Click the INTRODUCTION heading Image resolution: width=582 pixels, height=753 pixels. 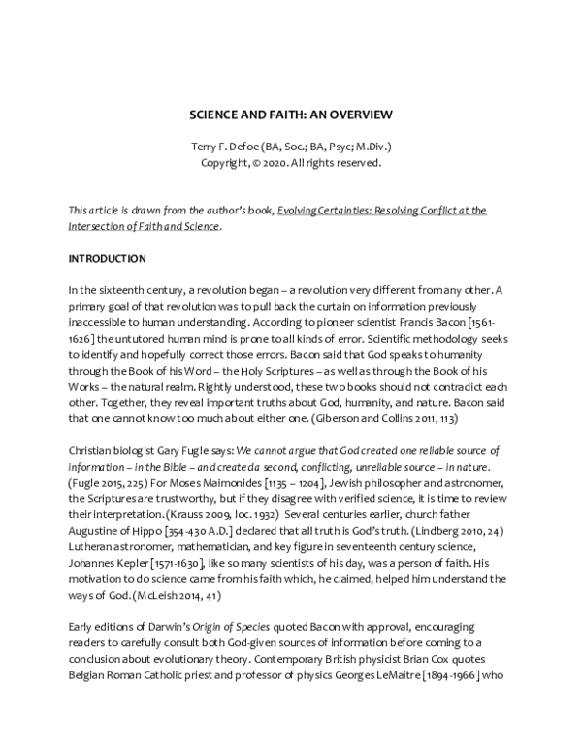pyautogui.click(x=107, y=259)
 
